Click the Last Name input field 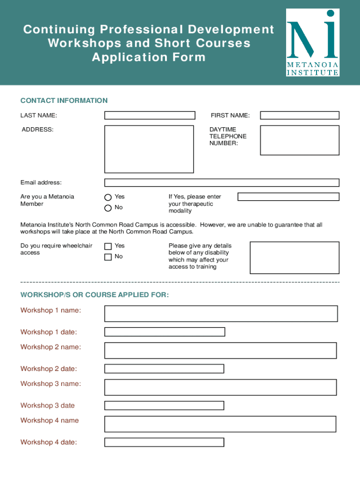150,116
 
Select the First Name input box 300,116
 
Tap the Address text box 149,149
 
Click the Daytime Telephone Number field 300,140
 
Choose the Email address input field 222,182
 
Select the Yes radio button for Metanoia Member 108,197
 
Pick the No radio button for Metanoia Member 108,208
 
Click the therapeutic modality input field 288,197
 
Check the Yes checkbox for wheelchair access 108,246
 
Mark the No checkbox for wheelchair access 108,257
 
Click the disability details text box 295,257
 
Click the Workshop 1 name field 221,313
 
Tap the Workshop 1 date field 165,332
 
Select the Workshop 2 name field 220,350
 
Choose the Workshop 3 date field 164,406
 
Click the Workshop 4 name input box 220,424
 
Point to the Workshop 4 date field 164,442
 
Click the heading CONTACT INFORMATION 64,101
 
